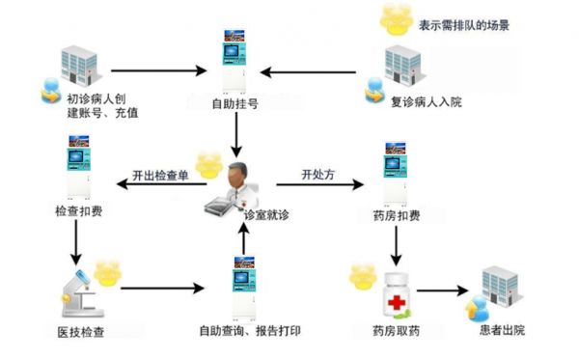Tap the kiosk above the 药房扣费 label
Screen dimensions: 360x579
(x=396, y=175)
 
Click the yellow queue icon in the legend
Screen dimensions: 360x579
(x=395, y=19)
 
